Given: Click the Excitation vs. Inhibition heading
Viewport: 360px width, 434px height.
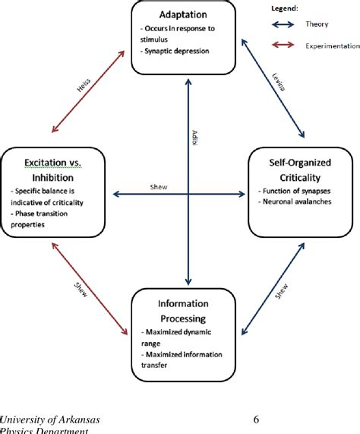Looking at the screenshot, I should (x=51, y=169).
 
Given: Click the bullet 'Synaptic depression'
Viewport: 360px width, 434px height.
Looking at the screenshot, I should (x=175, y=51).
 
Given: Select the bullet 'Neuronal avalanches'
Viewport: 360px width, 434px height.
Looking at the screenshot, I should (x=300, y=202).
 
